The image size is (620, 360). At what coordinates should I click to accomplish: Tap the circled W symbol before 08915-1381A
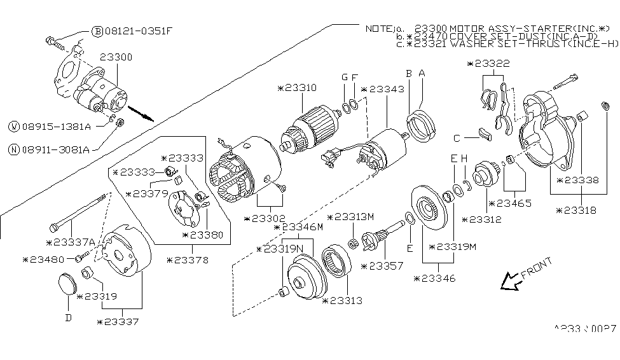[x=13, y=126]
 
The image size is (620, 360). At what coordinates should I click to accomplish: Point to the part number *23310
[x=299, y=88]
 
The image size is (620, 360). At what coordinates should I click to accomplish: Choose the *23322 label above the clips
[x=487, y=64]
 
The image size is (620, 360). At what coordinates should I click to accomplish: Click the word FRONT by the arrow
[x=536, y=268]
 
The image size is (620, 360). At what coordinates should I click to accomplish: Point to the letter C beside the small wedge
[x=457, y=137]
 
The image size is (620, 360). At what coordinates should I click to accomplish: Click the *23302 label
[x=265, y=219]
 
